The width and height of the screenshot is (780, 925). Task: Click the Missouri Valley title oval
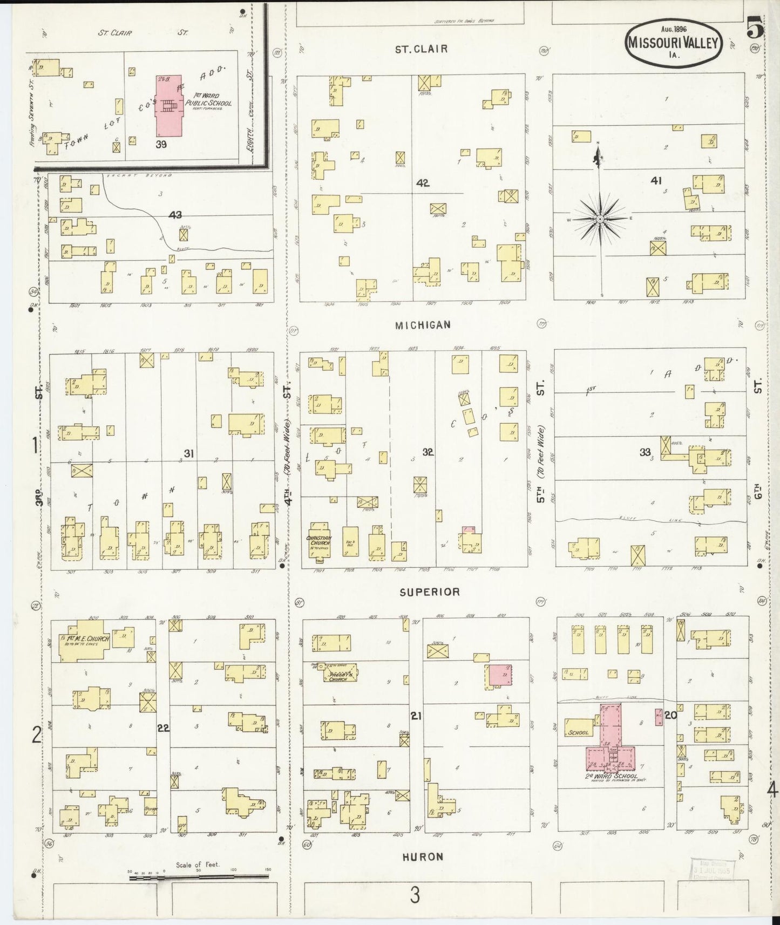[674, 44]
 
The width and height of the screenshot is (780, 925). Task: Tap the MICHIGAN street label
[423, 325]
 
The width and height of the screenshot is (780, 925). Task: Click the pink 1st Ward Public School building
[168, 106]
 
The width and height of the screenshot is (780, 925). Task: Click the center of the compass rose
[600, 219]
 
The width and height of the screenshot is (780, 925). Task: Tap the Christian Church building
[320, 541]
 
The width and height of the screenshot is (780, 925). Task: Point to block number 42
[423, 183]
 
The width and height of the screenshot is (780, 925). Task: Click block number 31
[188, 453]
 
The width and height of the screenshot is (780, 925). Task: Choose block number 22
[163, 728]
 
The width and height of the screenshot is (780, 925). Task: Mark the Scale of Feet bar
[200, 878]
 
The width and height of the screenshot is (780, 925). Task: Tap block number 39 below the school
[161, 144]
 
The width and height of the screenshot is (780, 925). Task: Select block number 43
[175, 215]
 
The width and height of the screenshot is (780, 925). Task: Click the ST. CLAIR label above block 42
[421, 49]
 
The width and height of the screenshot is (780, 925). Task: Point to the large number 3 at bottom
[415, 896]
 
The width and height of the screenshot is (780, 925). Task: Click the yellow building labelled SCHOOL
[578, 729]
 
